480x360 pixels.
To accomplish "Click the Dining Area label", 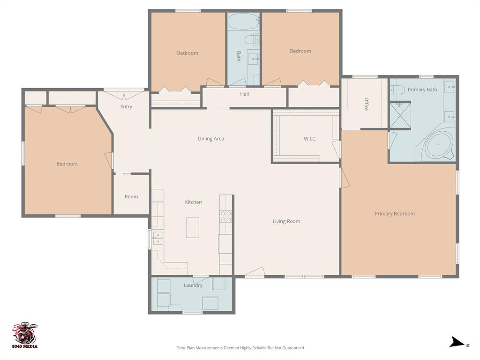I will click(x=211, y=139).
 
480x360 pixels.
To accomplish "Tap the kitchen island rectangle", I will click(x=192, y=227).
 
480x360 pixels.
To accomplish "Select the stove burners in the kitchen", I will click(x=226, y=216).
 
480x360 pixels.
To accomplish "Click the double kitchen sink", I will click(x=157, y=238).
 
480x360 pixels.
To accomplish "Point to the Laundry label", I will click(x=193, y=285).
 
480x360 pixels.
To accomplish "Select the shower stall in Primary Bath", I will click(x=400, y=115).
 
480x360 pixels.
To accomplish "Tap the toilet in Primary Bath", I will click(x=397, y=90).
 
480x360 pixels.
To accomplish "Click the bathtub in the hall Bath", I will click(x=243, y=21).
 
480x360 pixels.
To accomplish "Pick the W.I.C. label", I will click(x=310, y=139).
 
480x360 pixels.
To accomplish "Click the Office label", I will click(x=367, y=104).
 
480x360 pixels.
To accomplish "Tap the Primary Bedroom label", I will click(x=395, y=214).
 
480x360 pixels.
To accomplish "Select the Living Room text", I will click(x=286, y=221).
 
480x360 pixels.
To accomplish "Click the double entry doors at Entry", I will click(x=124, y=95).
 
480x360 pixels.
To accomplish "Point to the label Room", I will click(x=131, y=197).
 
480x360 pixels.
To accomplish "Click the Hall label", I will click(x=245, y=94).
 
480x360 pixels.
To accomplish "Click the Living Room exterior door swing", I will click(x=255, y=272).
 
